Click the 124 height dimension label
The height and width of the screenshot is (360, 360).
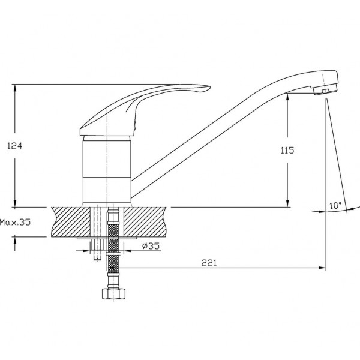(14, 146)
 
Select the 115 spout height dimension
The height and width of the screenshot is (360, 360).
(287, 151)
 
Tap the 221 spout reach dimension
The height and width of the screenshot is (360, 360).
(209, 263)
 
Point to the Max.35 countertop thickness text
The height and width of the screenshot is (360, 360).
(15, 222)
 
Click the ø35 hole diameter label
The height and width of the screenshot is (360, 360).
(151, 246)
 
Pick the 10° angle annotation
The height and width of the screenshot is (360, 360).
(335, 205)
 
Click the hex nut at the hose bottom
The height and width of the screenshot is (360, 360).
(113, 293)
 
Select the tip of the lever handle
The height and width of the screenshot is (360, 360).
(210, 87)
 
